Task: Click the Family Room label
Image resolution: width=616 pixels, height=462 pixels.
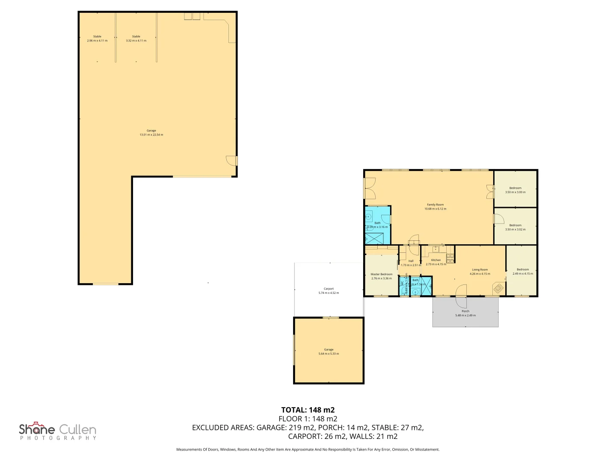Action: pos(435,205)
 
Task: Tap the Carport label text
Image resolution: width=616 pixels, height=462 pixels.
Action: pos(329,289)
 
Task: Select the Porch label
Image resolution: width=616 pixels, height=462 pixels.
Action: pos(465,311)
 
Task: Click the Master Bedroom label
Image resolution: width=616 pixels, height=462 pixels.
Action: pos(381,274)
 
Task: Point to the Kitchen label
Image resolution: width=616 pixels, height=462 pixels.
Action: pos(436,260)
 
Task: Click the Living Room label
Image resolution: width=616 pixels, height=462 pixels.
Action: pos(480,270)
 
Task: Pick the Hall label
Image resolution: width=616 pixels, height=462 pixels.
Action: pos(411,261)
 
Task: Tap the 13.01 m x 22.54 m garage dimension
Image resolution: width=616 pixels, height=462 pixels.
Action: pos(151,135)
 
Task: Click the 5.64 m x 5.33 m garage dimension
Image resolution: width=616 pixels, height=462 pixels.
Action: pos(329,354)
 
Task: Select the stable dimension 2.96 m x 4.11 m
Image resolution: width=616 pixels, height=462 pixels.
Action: pos(97,41)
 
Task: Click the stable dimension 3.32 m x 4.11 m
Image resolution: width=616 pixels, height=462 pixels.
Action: pos(136,41)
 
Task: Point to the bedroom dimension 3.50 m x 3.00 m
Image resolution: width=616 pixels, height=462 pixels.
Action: pos(515,192)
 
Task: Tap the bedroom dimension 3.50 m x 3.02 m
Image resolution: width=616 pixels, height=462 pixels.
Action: pos(515,229)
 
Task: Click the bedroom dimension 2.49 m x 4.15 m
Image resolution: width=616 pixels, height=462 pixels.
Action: pos(523,274)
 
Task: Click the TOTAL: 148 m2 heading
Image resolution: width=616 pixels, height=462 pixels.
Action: pos(308,410)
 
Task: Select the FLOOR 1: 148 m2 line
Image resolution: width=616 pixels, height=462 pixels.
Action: pos(308,419)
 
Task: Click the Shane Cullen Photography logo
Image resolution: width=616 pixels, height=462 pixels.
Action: pos(58,431)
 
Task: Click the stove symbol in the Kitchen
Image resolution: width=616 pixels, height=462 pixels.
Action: pos(450,258)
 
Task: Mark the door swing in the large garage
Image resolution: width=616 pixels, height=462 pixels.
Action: pos(231,160)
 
